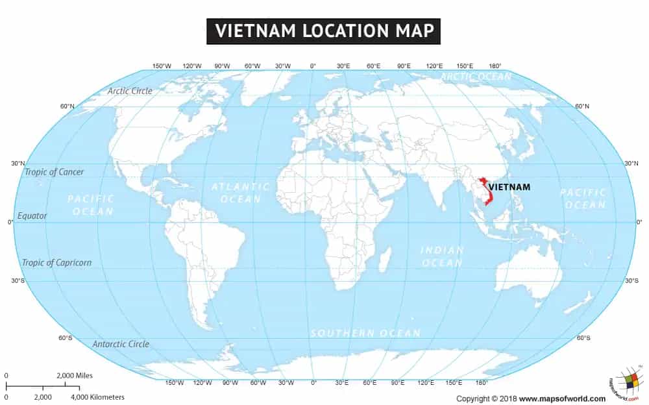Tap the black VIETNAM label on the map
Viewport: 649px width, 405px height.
[x=509, y=188]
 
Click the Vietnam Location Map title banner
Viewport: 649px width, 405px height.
[x=323, y=31]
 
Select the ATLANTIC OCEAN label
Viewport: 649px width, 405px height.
[x=241, y=193]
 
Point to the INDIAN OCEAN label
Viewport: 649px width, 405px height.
[x=442, y=256]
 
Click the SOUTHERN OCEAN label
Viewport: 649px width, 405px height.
[x=365, y=333]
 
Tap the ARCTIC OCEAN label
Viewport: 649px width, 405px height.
[x=476, y=77]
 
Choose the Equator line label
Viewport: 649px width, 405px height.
[x=32, y=215]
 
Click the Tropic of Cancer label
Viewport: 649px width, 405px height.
[x=54, y=172]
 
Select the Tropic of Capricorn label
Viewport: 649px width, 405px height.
[x=56, y=263]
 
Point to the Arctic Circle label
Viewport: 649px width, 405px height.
[x=130, y=91]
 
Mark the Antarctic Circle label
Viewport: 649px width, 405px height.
[x=121, y=344]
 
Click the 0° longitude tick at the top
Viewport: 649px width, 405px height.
[x=313, y=66]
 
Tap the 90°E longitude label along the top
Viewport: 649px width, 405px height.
[x=404, y=66]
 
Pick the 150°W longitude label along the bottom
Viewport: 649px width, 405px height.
[x=175, y=383]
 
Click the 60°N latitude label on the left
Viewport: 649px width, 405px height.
[x=67, y=106]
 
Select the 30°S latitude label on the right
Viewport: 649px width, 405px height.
[x=631, y=280]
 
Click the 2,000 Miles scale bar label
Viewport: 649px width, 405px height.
[x=75, y=376]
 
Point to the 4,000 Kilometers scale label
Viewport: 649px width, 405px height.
[x=97, y=397]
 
